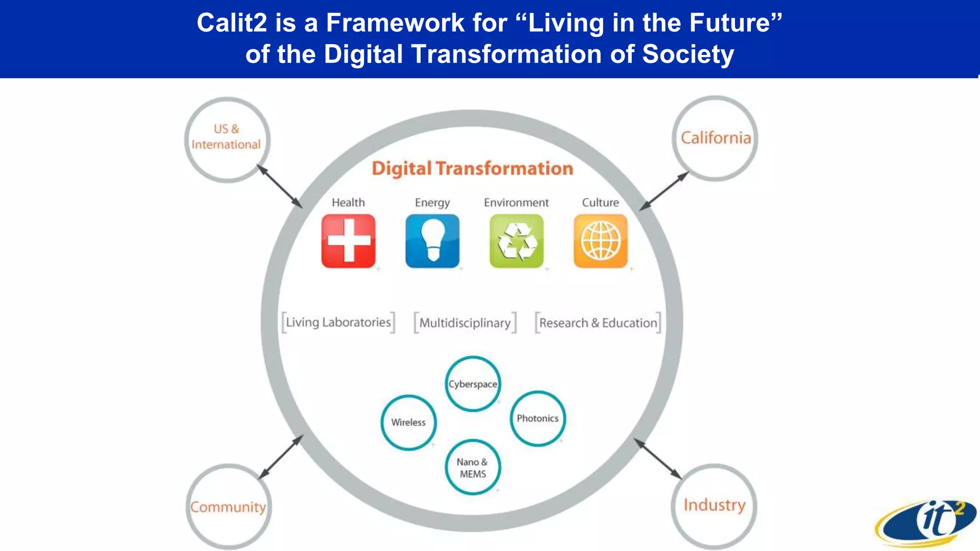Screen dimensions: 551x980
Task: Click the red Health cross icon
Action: coord(348,241)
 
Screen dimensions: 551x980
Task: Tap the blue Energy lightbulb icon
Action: coord(432,241)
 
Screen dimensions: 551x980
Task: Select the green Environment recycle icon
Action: coord(516,241)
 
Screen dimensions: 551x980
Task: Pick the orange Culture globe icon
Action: coord(601,241)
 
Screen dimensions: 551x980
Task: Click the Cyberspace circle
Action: coord(473,384)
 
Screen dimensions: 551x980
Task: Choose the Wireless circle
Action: coord(408,422)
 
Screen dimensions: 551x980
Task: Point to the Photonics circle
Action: coord(537,419)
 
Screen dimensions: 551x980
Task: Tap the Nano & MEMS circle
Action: coord(473,467)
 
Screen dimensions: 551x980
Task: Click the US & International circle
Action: coord(227,139)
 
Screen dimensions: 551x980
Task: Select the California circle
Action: coord(715,138)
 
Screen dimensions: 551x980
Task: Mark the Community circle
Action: coord(228,506)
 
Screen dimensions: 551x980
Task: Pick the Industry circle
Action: coord(714,505)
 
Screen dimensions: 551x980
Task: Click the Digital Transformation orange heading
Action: coord(472,168)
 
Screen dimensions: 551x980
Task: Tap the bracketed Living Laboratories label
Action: coord(338,322)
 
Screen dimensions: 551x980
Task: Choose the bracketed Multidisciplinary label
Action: coord(465,323)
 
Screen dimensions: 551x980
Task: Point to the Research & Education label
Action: coord(598,323)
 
